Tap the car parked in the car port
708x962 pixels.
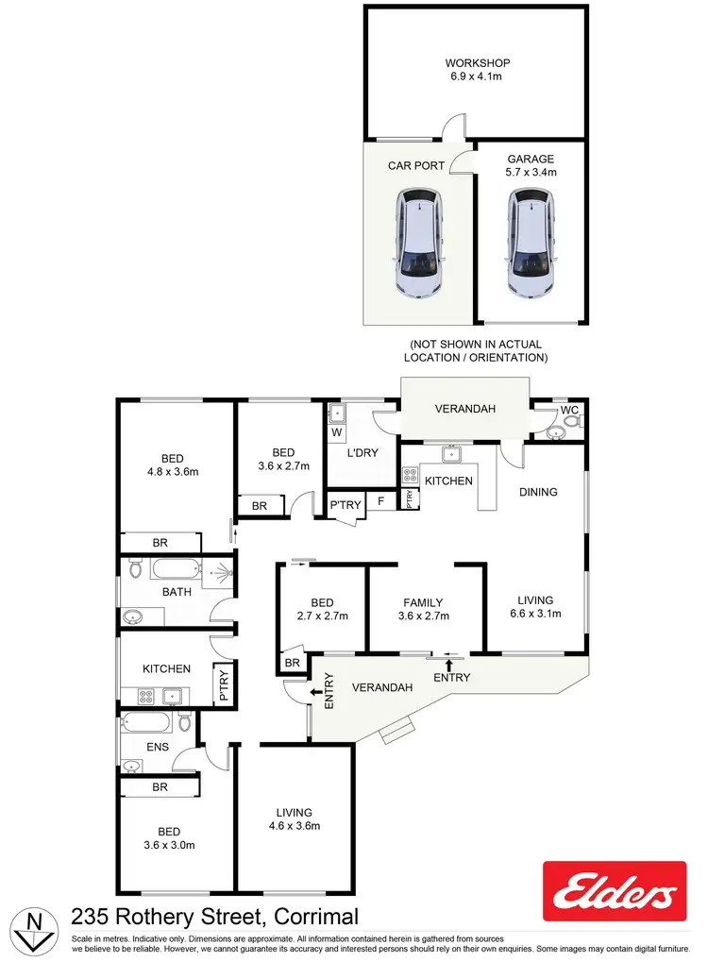(x=418, y=243)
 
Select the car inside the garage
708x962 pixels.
(x=530, y=243)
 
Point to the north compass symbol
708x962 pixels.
(x=34, y=928)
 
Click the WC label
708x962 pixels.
(x=569, y=411)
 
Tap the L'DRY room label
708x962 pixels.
(x=362, y=453)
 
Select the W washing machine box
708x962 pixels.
(x=336, y=433)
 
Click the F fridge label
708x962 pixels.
(x=379, y=502)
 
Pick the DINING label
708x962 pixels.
(x=538, y=492)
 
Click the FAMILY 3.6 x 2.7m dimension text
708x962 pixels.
(x=423, y=616)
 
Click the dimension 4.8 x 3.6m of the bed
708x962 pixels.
(x=172, y=471)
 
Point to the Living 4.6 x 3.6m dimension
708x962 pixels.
(x=294, y=826)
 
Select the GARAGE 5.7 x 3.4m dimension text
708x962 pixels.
(x=531, y=173)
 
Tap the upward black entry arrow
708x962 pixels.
(x=449, y=667)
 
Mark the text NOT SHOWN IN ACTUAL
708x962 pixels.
(x=475, y=345)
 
